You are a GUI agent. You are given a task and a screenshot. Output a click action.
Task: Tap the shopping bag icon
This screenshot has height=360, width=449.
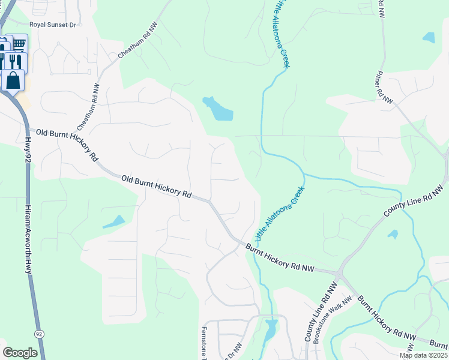coord(13,80)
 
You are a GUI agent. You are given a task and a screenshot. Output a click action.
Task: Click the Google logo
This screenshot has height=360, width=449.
coord(20,353)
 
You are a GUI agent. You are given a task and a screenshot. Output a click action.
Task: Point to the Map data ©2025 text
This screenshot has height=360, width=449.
coord(423,355)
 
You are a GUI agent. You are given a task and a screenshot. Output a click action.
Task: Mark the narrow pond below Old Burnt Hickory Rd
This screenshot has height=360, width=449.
coord(113,222)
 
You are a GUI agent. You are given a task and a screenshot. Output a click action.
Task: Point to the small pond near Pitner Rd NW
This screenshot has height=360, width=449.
coord(429,37)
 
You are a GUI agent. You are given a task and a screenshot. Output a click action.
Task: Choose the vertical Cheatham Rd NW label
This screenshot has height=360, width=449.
coord(86,108)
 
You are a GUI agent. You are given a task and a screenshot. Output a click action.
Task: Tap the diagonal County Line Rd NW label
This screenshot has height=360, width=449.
coord(414,202)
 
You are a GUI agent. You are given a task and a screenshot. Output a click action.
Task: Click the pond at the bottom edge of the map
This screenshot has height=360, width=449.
coord(271,329)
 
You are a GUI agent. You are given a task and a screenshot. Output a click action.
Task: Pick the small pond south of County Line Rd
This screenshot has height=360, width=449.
coord(393,234)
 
